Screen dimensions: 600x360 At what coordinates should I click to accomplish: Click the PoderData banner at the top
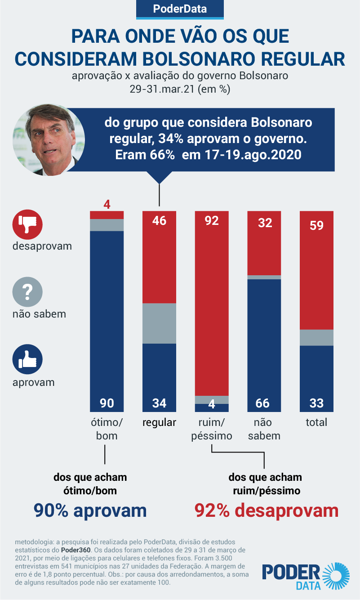[180, 9]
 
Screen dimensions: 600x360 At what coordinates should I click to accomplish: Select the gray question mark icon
[27, 292]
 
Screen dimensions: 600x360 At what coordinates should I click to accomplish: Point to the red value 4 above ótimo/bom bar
[107, 204]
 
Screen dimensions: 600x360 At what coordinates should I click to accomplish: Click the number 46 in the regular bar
[159, 221]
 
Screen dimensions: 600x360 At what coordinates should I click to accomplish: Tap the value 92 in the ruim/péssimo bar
[211, 221]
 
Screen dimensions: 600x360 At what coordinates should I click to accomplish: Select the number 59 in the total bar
[316, 225]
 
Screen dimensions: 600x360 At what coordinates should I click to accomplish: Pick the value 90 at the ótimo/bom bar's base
[107, 403]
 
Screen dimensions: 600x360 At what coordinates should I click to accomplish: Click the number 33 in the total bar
[316, 403]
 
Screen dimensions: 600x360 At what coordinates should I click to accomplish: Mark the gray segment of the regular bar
[159, 323]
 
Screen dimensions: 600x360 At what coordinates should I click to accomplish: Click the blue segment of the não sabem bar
[264, 342]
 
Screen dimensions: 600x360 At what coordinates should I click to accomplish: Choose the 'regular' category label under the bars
[159, 423]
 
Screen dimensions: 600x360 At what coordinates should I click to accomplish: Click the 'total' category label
[316, 423]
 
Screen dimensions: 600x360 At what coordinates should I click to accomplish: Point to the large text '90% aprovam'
[90, 510]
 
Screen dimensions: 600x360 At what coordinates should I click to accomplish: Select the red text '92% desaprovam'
[266, 510]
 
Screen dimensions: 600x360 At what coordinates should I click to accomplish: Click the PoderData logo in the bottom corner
[305, 576]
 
